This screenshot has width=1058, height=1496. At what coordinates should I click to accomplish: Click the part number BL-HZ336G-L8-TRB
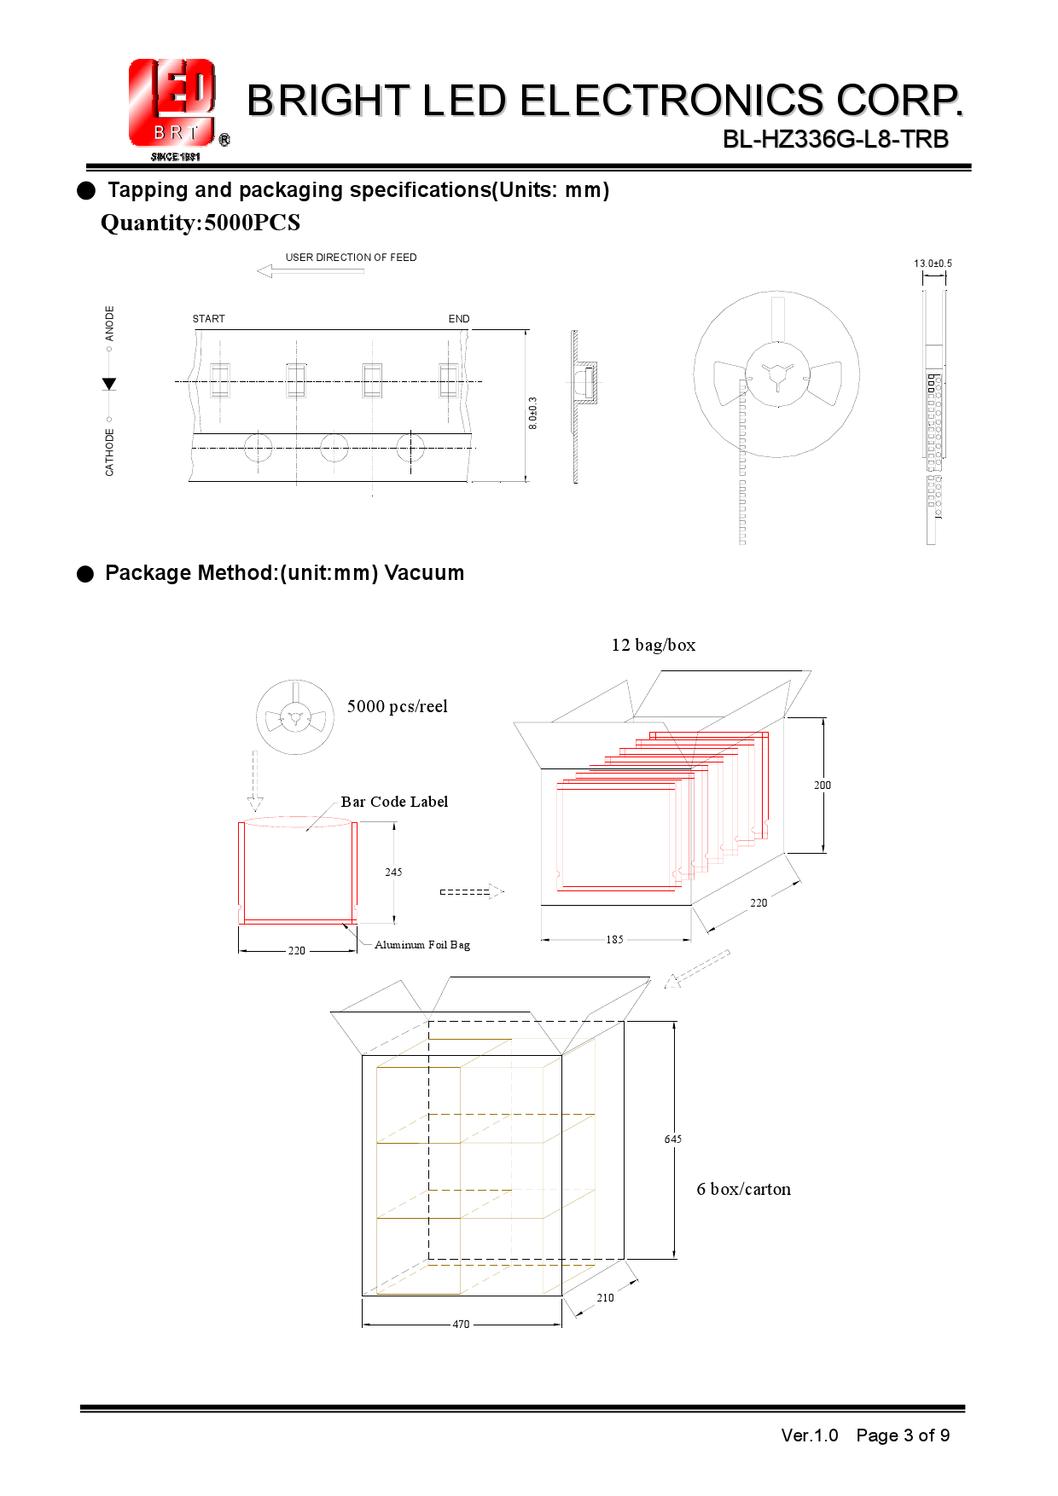click(x=835, y=139)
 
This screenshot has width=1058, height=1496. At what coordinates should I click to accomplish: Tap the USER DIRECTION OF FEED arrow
click(x=310, y=271)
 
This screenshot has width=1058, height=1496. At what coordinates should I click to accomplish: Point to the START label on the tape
click(x=209, y=319)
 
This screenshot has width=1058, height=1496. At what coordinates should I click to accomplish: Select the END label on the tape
click(x=459, y=319)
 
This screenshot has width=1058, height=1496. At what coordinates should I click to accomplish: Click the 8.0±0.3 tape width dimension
click(x=533, y=413)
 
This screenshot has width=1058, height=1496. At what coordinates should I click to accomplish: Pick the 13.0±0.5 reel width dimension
click(x=933, y=264)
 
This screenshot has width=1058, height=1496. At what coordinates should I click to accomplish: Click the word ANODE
click(x=109, y=323)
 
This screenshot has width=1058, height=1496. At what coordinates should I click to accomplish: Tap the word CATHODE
click(x=109, y=452)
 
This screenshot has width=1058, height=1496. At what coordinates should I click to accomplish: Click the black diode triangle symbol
click(x=109, y=384)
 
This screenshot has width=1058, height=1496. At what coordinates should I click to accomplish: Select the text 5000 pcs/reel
click(x=398, y=706)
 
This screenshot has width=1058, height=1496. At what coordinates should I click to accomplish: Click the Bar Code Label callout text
click(x=394, y=802)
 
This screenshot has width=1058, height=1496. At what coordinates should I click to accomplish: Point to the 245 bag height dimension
click(x=393, y=872)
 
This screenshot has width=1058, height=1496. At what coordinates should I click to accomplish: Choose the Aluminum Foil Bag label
click(x=422, y=945)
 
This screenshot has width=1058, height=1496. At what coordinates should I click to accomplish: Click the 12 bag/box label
click(x=654, y=645)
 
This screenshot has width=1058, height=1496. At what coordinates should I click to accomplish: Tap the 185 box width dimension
click(x=615, y=939)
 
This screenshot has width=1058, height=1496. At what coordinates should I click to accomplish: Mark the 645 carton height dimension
click(x=673, y=1139)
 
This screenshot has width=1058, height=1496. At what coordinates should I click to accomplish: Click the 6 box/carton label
click(x=744, y=1189)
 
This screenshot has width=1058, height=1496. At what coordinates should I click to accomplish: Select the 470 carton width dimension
click(x=461, y=1325)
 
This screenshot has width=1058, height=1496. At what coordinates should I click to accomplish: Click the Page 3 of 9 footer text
click(x=903, y=1435)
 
